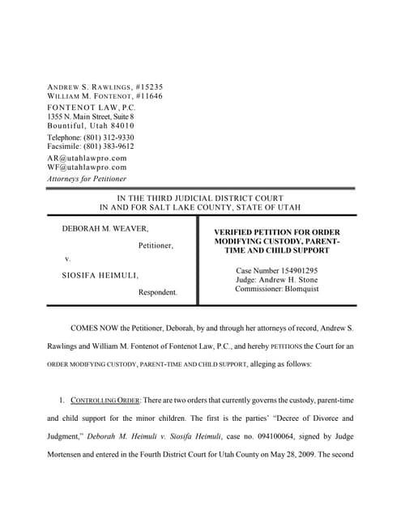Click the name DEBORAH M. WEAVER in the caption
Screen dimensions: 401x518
pos(105,229)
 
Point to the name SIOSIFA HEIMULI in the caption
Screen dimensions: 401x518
pos(99,276)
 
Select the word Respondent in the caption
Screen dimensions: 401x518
pos(157,292)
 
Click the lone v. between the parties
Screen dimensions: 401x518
pos(67,260)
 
